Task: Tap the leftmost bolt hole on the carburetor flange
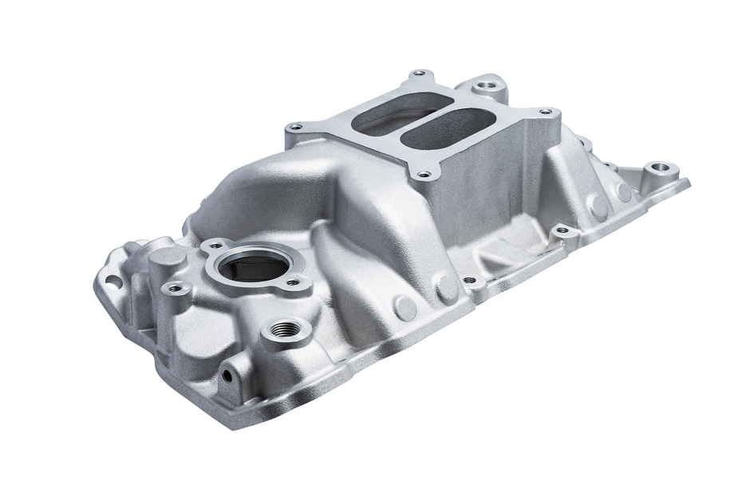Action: click(296, 125)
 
